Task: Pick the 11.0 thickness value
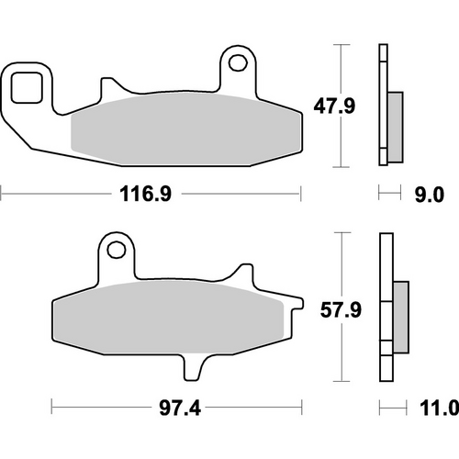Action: point(439,406)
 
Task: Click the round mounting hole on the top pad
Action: point(241,63)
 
